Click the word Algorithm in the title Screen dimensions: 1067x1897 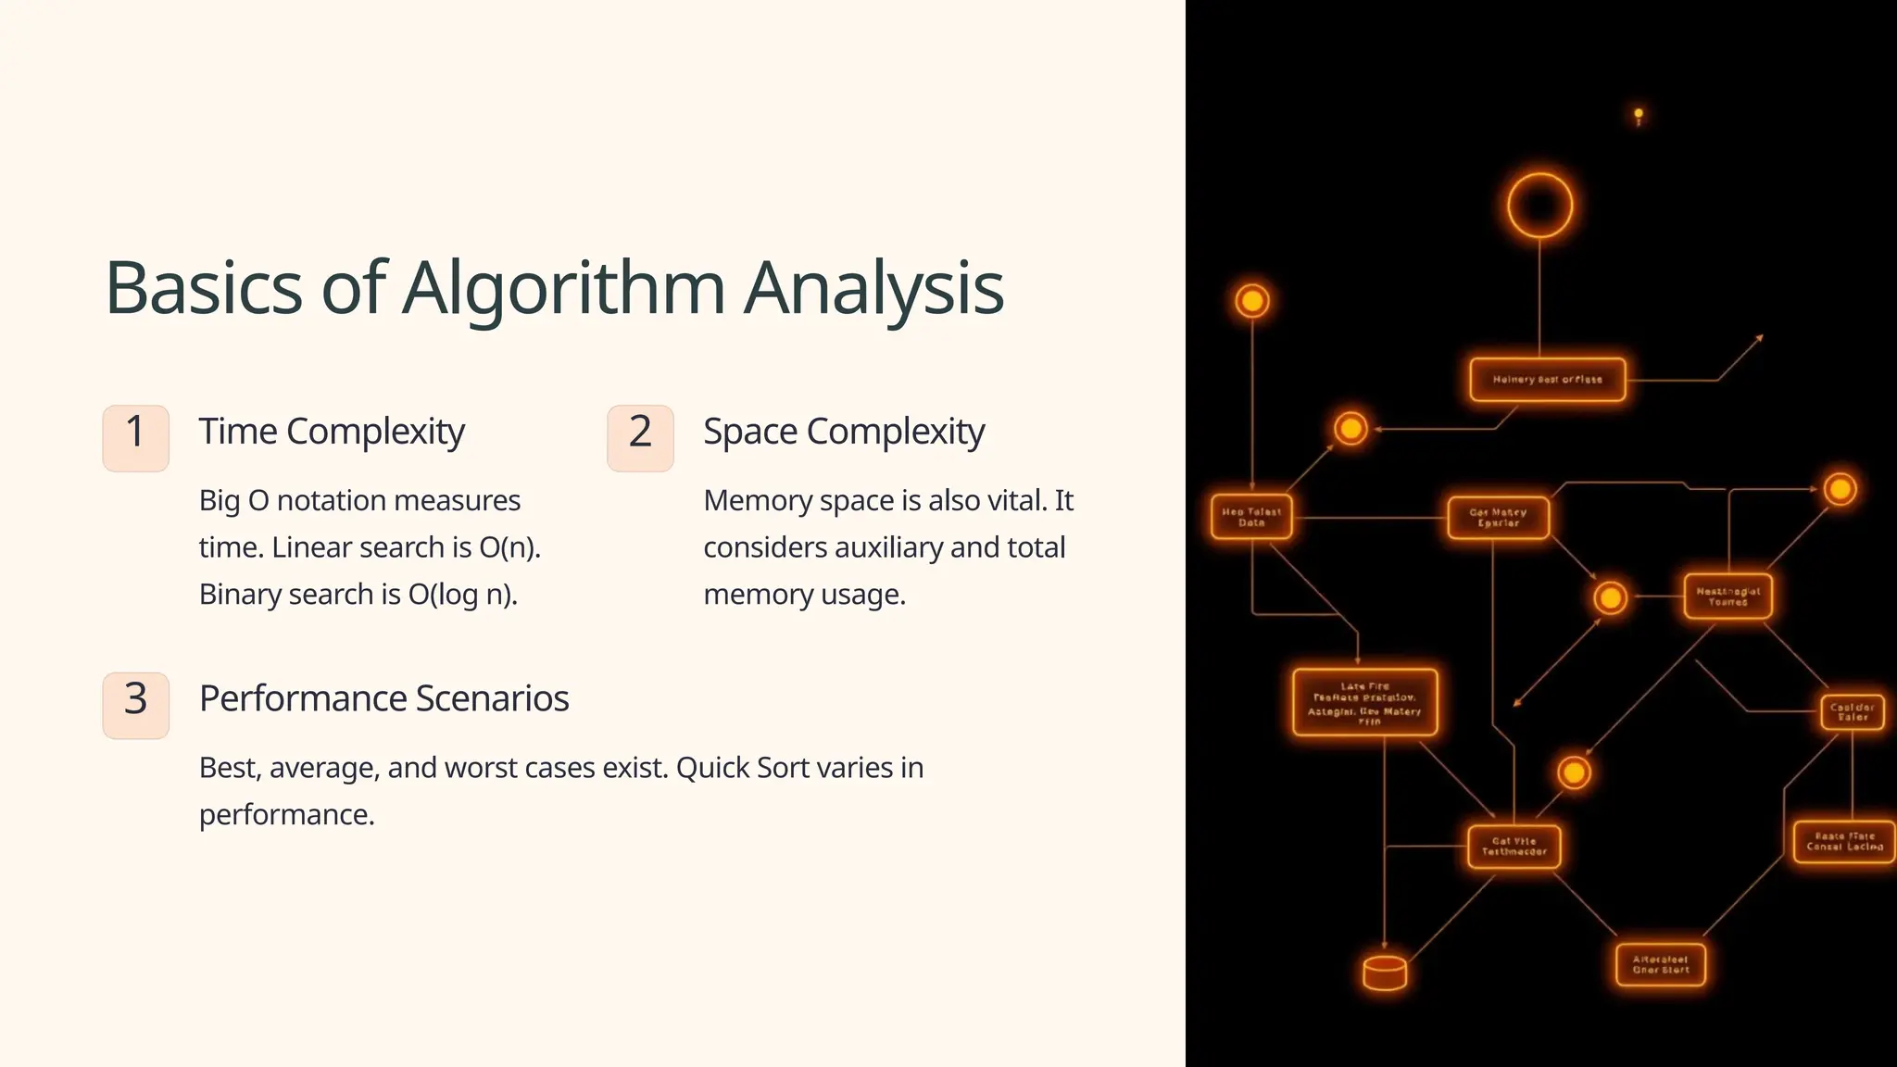(563, 289)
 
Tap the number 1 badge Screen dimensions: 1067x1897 (135, 438)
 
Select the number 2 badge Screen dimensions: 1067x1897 (640, 438)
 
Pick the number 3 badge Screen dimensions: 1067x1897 (135, 705)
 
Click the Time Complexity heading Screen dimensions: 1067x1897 (332, 432)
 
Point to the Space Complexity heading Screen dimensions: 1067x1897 (844, 432)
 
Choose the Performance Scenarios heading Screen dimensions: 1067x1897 (383, 698)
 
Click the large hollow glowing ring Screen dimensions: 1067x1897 (1539, 205)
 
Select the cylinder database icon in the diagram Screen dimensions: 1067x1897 (1385, 973)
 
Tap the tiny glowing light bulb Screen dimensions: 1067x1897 (1639, 116)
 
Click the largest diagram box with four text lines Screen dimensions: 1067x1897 (1364, 703)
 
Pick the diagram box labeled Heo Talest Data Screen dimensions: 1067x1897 (1251, 517)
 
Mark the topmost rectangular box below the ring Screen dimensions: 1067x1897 (1547, 380)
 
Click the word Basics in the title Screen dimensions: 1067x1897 (204, 289)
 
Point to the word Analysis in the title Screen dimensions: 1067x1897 (873, 289)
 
